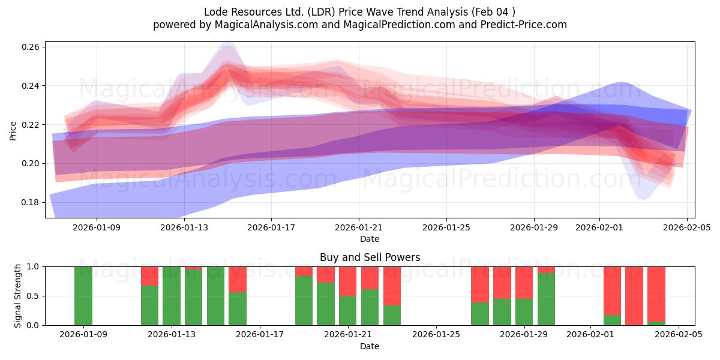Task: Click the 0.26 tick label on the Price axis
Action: tap(31, 47)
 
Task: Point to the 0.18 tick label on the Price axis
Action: tap(31, 202)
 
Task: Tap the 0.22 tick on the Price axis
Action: tap(31, 125)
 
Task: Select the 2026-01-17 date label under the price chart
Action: tap(271, 227)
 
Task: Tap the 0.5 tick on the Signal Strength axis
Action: tap(33, 296)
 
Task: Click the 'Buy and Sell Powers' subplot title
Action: tap(370, 257)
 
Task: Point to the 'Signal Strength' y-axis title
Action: tap(18, 296)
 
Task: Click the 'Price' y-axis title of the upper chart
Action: tap(13, 130)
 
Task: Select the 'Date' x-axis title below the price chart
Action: tap(370, 239)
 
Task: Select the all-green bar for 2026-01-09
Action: tap(83, 296)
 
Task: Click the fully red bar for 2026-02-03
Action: tap(634, 296)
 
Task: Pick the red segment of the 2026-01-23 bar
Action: tap(392, 286)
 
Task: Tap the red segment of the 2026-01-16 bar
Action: tap(238, 279)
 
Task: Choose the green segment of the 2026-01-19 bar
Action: tap(304, 301)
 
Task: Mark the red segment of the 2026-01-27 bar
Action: tap(480, 284)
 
